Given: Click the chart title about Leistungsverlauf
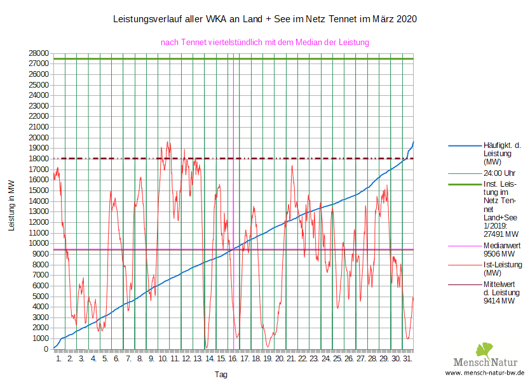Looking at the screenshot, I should (264, 20).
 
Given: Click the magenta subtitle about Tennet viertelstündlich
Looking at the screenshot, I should (265, 42).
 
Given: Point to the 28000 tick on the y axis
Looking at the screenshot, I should (39, 53).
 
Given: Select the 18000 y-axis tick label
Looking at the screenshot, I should (39, 159).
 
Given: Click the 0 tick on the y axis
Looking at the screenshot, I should (46, 349).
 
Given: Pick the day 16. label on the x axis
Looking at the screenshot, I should (233, 359).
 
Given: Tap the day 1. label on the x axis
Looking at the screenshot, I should (59, 359).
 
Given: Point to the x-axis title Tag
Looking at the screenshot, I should (221, 375).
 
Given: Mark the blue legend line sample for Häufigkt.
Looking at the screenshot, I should (463, 145).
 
